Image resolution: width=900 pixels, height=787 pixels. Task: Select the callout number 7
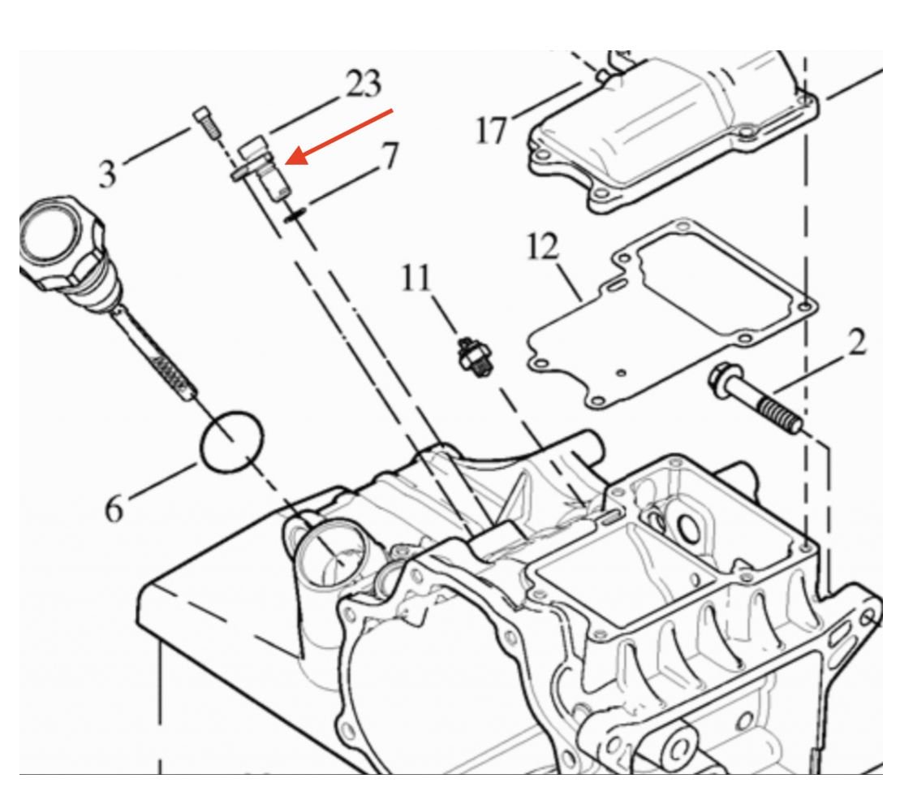tap(390, 156)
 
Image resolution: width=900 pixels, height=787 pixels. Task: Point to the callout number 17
tap(492, 129)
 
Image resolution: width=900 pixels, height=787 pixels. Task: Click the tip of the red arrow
tap(291, 162)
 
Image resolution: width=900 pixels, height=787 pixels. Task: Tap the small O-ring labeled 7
tap(295, 213)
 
